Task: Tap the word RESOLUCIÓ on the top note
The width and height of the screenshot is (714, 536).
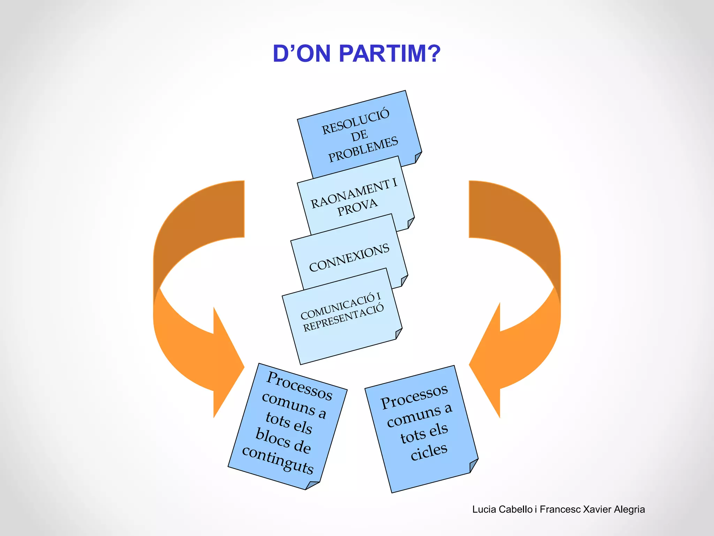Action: click(x=355, y=121)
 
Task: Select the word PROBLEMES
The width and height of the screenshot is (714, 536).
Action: click(x=363, y=149)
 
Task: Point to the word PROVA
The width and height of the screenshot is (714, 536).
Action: click(x=357, y=207)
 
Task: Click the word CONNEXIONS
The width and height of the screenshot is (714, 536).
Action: click(x=349, y=258)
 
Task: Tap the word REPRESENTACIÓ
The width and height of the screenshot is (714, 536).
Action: click(x=343, y=318)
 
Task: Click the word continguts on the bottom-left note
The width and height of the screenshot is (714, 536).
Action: click(x=278, y=459)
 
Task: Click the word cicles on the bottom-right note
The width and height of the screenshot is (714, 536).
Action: click(x=429, y=451)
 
